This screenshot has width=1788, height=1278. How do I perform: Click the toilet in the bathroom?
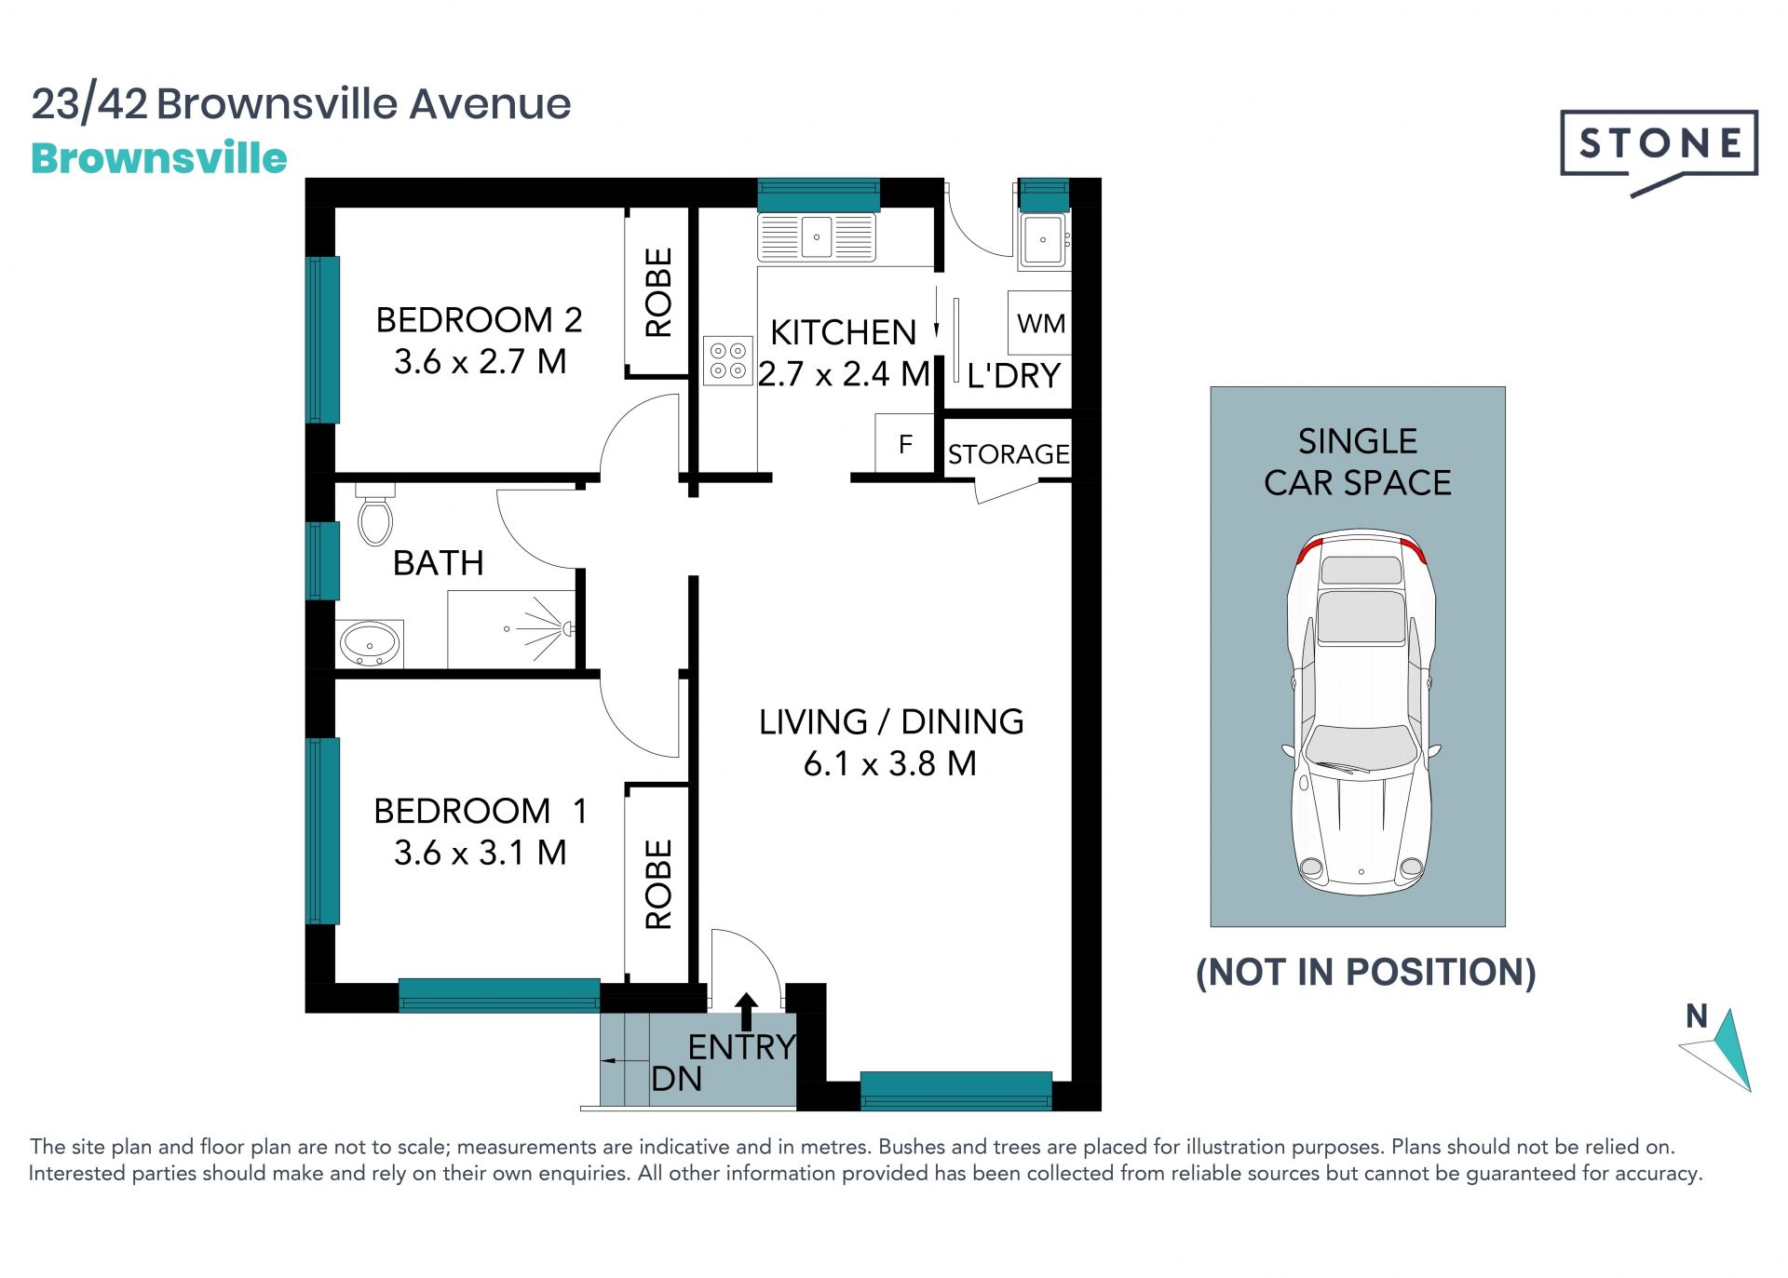click(375, 515)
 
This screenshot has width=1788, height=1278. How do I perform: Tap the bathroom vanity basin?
click(370, 644)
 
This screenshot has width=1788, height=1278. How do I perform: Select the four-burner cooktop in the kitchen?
click(728, 360)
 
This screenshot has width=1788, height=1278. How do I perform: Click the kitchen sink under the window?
click(817, 237)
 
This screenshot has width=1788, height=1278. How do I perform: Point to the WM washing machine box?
click(1040, 323)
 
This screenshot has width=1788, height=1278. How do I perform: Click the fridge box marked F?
click(905, 444)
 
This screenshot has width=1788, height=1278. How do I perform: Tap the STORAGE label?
click(1009, 454)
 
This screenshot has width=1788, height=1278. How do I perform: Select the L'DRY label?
click(1013, 376)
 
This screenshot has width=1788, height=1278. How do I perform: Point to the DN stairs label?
click(676, 1079)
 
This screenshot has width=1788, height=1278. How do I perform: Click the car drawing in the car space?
click(1360, 712)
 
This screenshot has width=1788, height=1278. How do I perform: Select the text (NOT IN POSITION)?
click(1365, 972)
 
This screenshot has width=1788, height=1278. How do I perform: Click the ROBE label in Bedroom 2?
click(658, 292)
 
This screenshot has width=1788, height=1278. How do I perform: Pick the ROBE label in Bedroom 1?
click(658, 884)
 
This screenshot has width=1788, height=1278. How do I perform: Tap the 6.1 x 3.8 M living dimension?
click(890, 763)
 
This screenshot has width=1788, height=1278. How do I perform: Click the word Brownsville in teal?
click(159, 158)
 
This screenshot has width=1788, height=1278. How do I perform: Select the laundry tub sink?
click(1043, 240)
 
